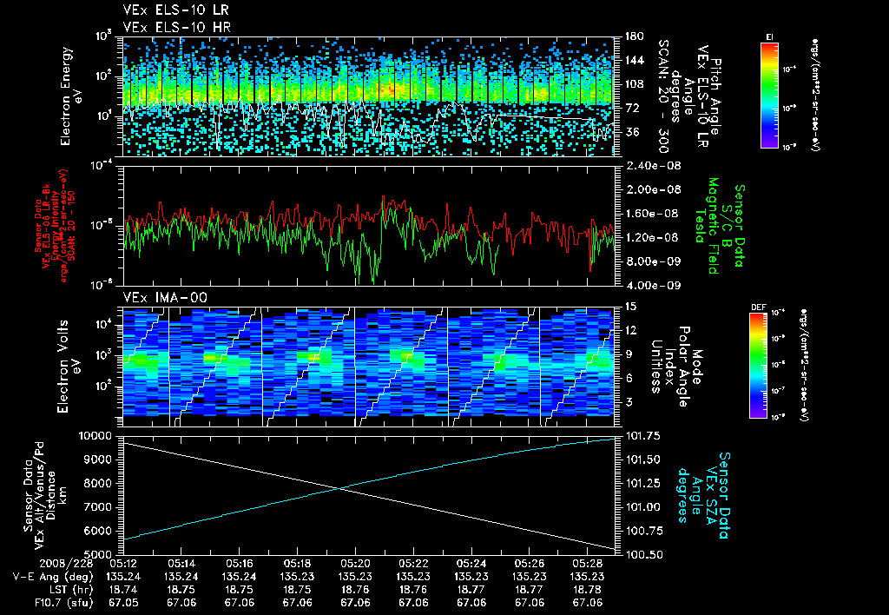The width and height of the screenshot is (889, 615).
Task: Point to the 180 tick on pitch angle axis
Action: [x=632, y=36]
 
